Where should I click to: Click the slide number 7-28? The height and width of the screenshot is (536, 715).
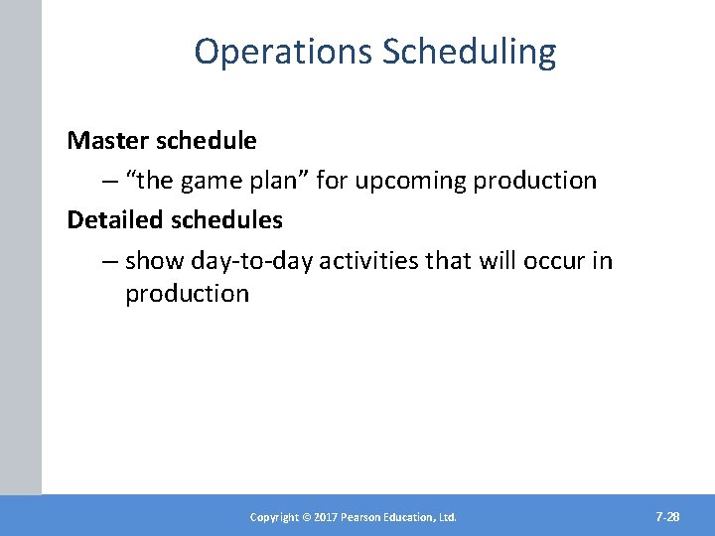667,517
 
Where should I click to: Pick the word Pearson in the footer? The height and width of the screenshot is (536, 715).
362,517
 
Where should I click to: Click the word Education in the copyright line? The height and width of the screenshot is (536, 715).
413,517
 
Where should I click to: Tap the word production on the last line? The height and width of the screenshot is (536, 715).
187,294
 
